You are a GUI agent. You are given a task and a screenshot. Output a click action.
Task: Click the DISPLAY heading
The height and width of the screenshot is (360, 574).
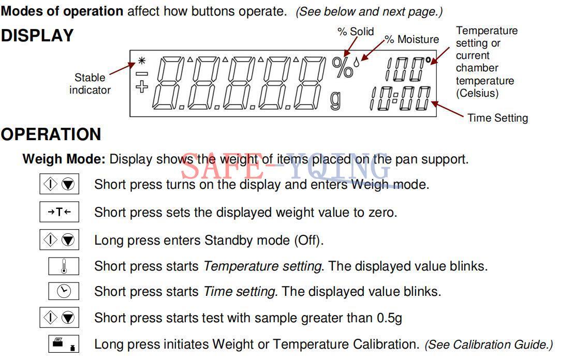click(x=37, y=36)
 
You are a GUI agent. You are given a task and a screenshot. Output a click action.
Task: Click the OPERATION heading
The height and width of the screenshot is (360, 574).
click(x=51, y=134)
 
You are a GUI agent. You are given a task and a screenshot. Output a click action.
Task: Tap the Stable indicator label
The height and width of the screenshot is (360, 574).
click(x=90, y=84)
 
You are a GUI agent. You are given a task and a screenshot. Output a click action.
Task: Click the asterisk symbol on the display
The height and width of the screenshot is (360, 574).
click(x=141, y=61)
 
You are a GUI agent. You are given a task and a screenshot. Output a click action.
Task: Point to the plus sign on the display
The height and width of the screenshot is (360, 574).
click(x=141, y=87)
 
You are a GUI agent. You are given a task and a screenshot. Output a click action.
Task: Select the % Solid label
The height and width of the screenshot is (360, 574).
click(x=356, y=32)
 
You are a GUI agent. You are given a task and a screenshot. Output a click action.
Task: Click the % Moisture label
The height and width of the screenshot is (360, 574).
click(x=412, y=39)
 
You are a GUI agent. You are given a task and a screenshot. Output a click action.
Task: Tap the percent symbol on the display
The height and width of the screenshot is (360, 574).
click(x=342, y=68)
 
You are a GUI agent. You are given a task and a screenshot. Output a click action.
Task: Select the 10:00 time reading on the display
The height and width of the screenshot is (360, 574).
click(x=400, y=99)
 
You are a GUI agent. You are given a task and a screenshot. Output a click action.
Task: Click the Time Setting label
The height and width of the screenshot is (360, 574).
click(x=497, y=118)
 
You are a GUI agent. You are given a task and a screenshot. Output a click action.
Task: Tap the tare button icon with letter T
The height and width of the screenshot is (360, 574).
click(x=59, y=212)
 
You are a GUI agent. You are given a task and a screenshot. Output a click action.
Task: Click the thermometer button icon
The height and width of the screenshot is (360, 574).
click(x=63, y=267)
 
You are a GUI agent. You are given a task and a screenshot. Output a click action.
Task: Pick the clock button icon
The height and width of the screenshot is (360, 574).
click(x=63, y=292)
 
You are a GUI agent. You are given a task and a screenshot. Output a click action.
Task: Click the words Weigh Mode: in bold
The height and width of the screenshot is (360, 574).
click(x=64, y=159)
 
